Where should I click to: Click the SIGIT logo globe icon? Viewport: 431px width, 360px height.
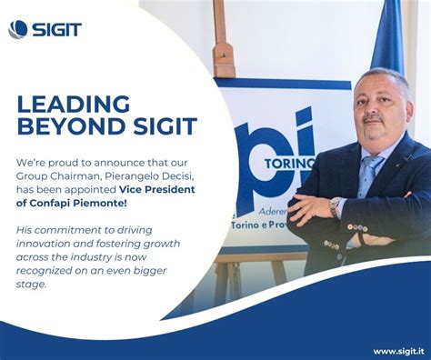tap(18, 29)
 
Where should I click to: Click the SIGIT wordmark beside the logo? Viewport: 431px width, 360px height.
tap(57, 29)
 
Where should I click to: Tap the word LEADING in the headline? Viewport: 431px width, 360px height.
tap(74, 104)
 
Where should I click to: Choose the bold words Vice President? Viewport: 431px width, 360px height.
tap(156, 188)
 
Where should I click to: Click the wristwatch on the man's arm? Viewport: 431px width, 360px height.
tap(335, 206)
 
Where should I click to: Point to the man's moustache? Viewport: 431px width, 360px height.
tap(373, 119)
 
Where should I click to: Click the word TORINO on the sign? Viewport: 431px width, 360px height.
tap(292, 163)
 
